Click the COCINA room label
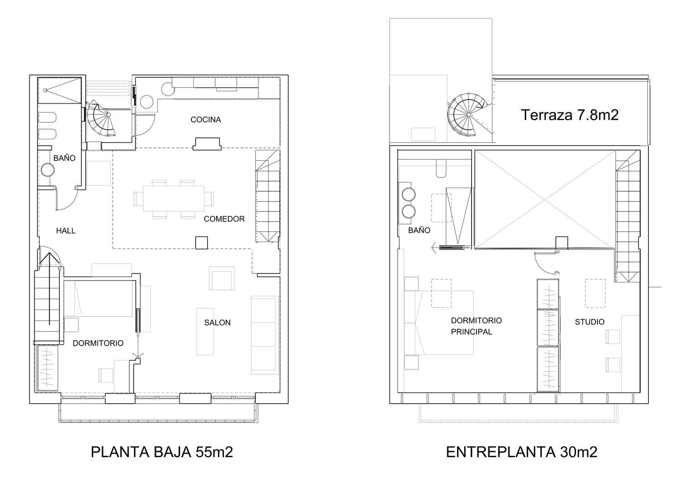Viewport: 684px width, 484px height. click(x=206, y=120)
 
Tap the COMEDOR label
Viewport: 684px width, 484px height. click(x=224, y=219)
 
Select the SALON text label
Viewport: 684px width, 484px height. click(x=218, y=322)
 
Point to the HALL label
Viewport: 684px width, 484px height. click(x=66, y=231)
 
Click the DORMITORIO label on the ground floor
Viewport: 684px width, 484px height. click(x=98, y=343)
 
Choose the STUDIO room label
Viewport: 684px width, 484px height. click(x=589, y=321)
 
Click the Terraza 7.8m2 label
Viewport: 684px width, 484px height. click(x=570, y=115)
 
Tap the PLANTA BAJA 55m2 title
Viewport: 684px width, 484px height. click(x=161, y=452)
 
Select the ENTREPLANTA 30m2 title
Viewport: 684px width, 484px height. click(x=521, y=452)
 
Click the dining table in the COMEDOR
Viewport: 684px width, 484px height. click(x=173, y=199)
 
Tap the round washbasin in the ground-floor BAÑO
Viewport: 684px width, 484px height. click(x=47, y=170)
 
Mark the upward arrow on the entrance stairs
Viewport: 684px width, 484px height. click(x=49, y=289)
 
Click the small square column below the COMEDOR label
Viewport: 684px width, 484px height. click(x=202, y=243)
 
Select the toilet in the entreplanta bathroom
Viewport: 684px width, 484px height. click(x=441, y=169)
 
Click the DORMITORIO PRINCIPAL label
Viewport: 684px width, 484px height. click(x=476, y=326)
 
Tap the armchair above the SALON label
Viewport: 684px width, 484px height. click(x=222, y=278)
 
